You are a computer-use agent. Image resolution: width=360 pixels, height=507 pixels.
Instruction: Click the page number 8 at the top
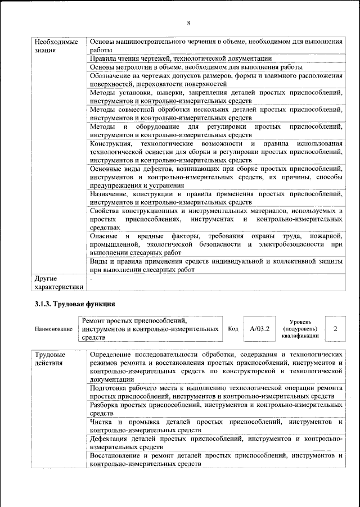click(189, 23)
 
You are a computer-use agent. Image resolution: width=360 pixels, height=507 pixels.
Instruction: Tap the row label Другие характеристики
click(58, 282)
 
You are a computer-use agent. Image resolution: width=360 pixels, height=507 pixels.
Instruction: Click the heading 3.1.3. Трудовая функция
click(71, 304)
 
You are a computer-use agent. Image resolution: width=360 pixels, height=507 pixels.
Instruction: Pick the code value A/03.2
click(260, 328)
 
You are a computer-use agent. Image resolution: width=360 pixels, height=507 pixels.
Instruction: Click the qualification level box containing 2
click(335, 328)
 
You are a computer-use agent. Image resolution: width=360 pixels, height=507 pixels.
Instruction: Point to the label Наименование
click(53, 329)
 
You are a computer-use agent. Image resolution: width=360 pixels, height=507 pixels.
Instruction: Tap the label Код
click(233, 329)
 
